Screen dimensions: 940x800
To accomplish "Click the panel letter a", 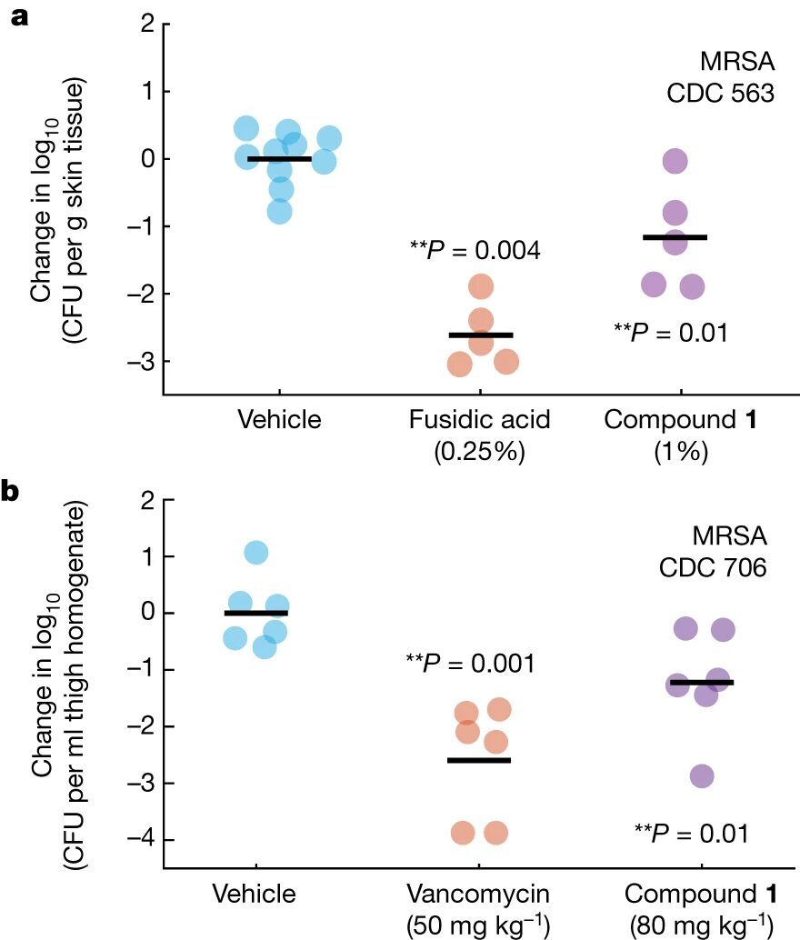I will click(17, 19).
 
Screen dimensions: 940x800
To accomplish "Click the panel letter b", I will click(18, 492).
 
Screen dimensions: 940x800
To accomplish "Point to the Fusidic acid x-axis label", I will click(481, 420).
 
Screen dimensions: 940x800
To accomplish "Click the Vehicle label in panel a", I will click(280, 420).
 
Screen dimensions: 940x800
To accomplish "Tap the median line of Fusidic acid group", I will click(481, 335).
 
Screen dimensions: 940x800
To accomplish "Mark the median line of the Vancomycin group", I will click(479, 760).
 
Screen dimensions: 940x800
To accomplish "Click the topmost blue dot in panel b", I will click(256, 553).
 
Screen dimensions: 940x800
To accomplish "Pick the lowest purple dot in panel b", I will click(702, 775).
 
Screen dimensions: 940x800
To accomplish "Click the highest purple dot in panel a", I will click(675, 162).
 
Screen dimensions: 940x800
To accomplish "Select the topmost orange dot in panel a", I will click(481, 287).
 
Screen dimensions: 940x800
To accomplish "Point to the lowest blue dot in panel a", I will click(280, 212).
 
